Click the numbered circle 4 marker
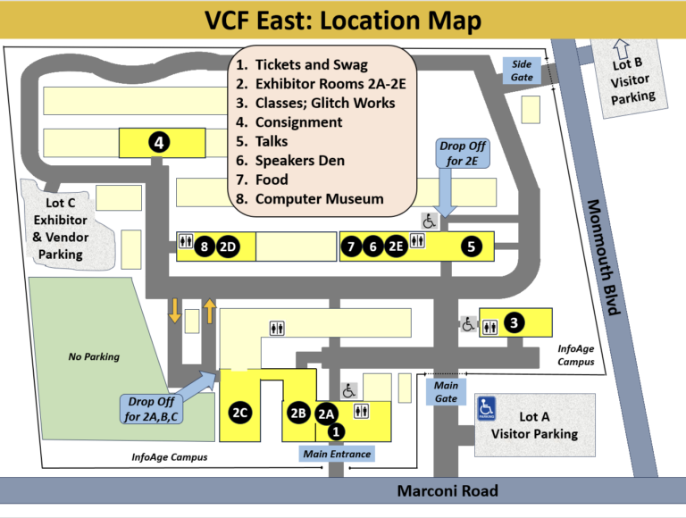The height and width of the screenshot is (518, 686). point(159,141)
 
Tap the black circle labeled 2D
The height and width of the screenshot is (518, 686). point(228,246)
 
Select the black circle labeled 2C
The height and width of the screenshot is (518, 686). point(239,413)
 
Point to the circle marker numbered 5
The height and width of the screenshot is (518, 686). point(473,246)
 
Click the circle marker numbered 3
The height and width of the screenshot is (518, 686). point(514,323)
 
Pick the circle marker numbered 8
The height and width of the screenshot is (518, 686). point(205,246)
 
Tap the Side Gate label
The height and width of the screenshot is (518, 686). point(522,71)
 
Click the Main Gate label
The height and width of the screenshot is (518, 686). point(446,391)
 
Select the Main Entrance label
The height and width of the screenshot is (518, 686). point(336,454)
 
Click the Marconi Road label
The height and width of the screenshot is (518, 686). point(448,490)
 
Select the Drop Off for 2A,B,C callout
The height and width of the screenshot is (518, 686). point(151,409)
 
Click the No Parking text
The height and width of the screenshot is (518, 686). point(94,357)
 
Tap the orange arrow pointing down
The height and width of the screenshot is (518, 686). point(175,311)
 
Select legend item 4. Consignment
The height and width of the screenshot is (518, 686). point(298,122)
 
